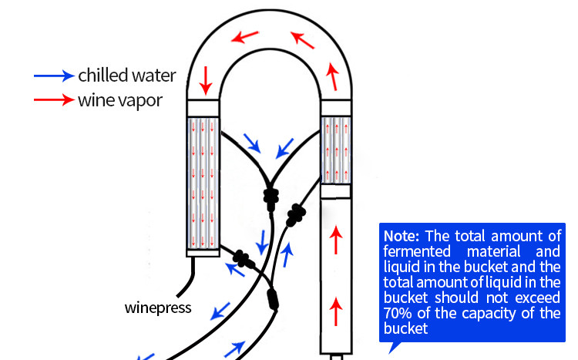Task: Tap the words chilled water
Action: (x=127, y=76)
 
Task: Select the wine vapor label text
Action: (x=120, y=100)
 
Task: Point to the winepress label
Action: (x=157, y=308)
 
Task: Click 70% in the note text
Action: (x=398, y=314)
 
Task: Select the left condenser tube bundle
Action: (x=203, y=185)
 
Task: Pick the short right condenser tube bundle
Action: (x=335, y=150)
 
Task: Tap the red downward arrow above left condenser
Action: (x=206, y=77)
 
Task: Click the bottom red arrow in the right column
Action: (x=335, y=312)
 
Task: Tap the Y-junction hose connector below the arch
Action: (x=270, y=197)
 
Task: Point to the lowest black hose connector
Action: (x=271, y=298)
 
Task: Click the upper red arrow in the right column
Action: (x=335, y=242)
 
